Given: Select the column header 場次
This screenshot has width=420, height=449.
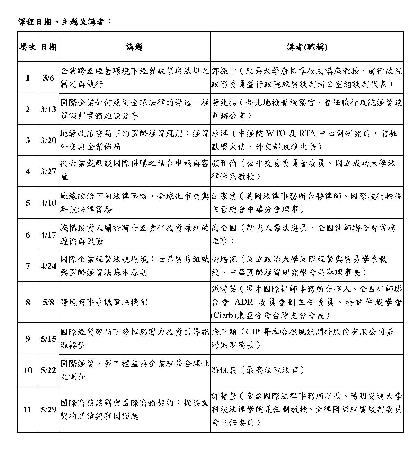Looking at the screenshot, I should pos(28,47).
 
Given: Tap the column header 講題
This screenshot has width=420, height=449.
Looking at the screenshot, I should pos(135,47).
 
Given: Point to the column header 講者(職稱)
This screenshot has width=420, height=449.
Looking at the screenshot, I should pos(307,47).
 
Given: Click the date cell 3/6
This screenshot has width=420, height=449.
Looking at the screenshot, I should pos(48,78).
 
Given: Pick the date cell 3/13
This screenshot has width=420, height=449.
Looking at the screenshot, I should pos(48,109).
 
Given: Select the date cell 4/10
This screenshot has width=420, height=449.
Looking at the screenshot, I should pos(48,203).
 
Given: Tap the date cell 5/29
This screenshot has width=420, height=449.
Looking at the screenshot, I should pos(48,409).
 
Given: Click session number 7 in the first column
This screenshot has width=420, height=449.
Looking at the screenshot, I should pos(28,266).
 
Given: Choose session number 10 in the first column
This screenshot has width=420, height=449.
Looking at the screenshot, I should pos(28,370).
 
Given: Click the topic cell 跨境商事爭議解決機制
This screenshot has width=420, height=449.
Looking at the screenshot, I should pos(104,302).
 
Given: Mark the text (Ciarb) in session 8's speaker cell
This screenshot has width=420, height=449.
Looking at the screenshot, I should pos(223,316).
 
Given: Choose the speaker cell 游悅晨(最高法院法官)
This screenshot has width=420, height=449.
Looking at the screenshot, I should pos(258,370).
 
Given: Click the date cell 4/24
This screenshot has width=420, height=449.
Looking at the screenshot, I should pos(48,266).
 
